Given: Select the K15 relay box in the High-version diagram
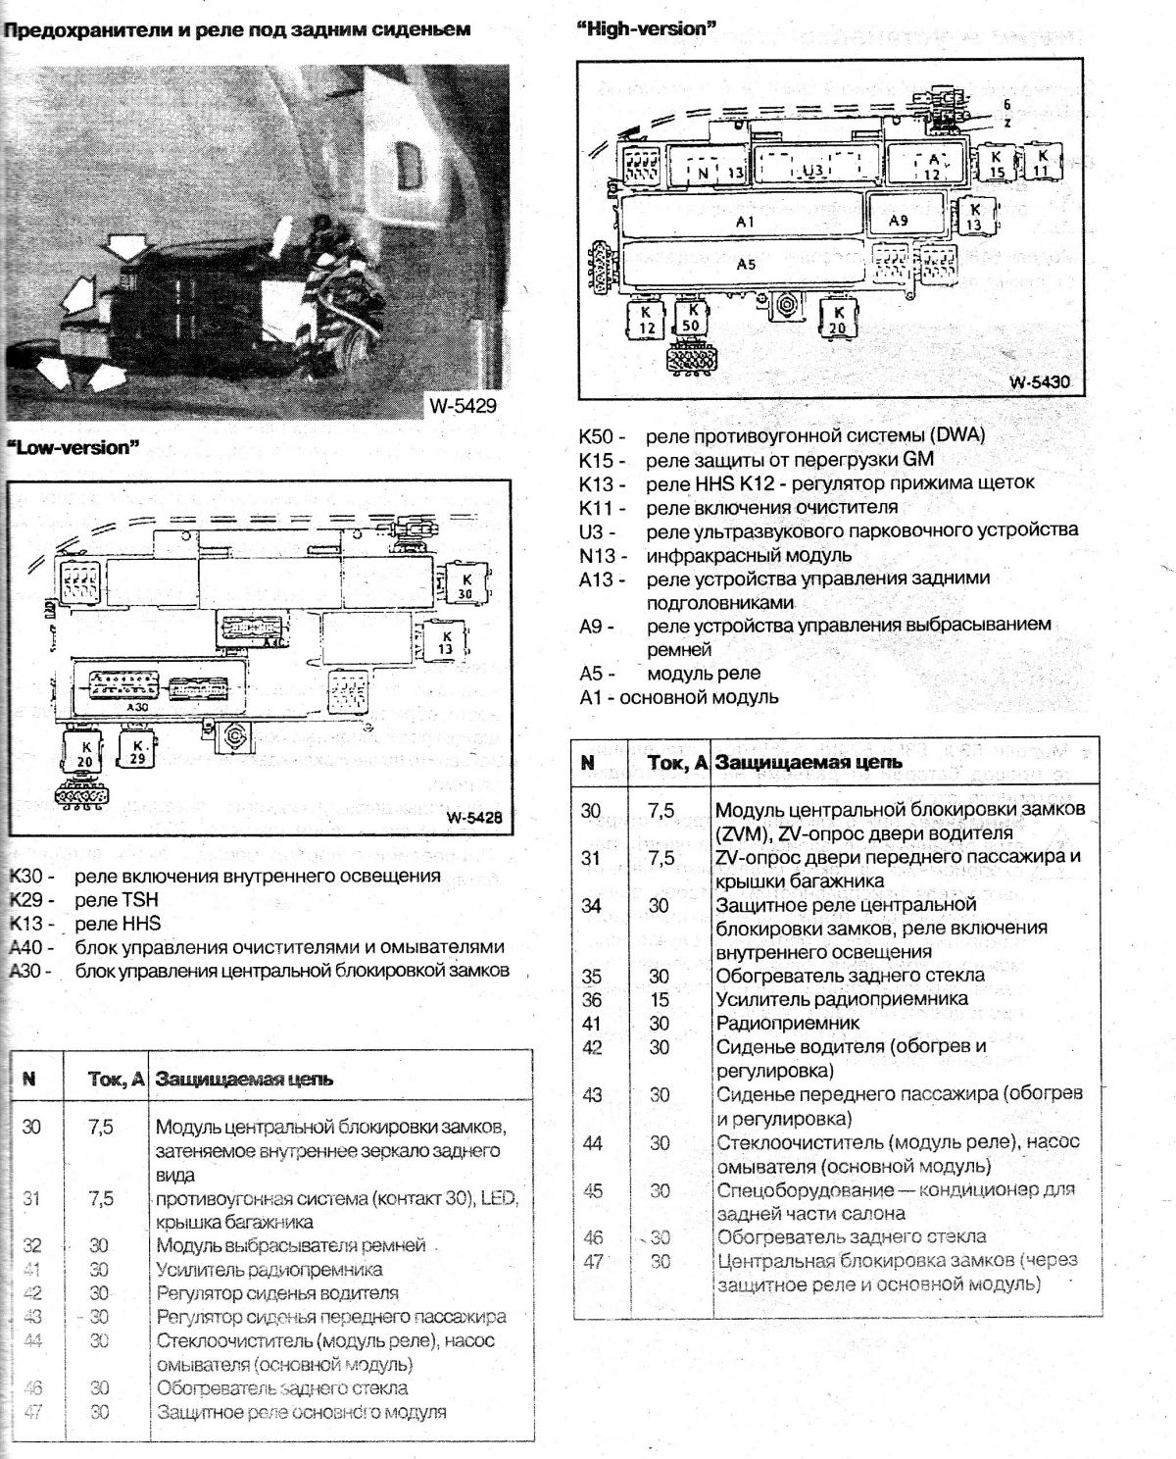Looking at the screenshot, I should [x=996, y=164].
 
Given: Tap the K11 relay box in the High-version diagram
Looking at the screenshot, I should [x=1042, y=163].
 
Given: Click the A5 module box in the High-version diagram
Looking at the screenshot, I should [x=746, y=265].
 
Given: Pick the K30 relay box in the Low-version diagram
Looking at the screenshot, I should [x=465, y=586].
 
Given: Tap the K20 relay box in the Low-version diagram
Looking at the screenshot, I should [x=86, y=754].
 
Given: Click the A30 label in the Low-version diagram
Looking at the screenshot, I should [x=137, y=706].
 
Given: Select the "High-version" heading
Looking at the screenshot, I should [x=647, y=29].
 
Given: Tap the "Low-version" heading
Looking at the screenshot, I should [x=74, y=448].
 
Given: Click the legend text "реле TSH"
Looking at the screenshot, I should [x=116, y=899].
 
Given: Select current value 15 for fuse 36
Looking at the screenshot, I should [x=659, y=1000].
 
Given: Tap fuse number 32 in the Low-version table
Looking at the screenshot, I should [x=32, y=1246].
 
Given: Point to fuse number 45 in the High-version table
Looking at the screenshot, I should [x=592, y=1191].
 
